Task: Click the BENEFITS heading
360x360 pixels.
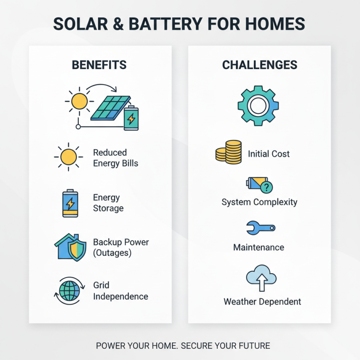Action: pyautogui.click(x=99, y=65)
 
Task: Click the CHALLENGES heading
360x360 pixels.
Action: pyautogui.click(x=260, y=65)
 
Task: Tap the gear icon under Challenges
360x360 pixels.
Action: pyautogui.click(x=258, y=106)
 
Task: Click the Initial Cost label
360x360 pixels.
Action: pyautogui.click(x=269, y=154)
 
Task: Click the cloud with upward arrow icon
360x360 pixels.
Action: pyautogui.click(x=261, y=279)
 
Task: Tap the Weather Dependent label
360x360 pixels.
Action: pyautogui.click(x=262, y=301)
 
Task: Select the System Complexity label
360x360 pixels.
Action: pyautogui.click(x=259, y=202)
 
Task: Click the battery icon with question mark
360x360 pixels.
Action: pyautogui.click(x=260, y=184)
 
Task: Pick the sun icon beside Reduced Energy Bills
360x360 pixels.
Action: pyautogui.click(x=68, y=157)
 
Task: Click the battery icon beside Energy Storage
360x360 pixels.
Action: pyautogui.click(x=70, y=203)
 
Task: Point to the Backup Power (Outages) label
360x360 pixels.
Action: pyautogui.click(x=121, y=247)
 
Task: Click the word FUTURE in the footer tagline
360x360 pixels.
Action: pyautogui.click(x=254, y=346)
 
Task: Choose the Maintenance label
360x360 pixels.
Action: pyautogui.click(x=259, y=247)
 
